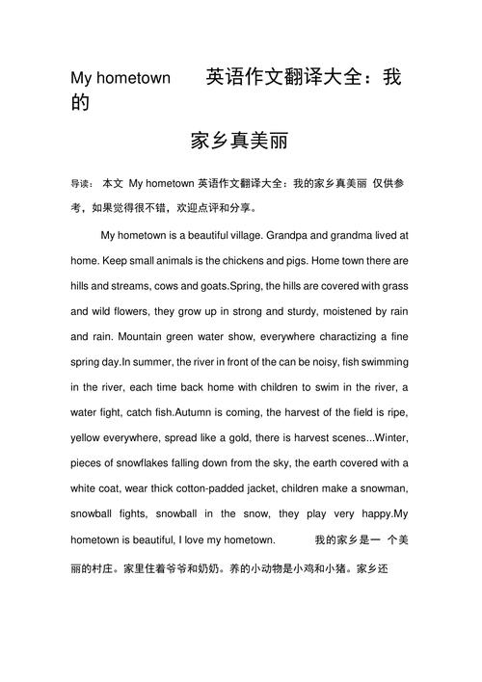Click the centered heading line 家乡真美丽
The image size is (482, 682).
[x=240, y=142]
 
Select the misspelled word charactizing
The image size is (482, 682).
[x=344, y=337]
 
